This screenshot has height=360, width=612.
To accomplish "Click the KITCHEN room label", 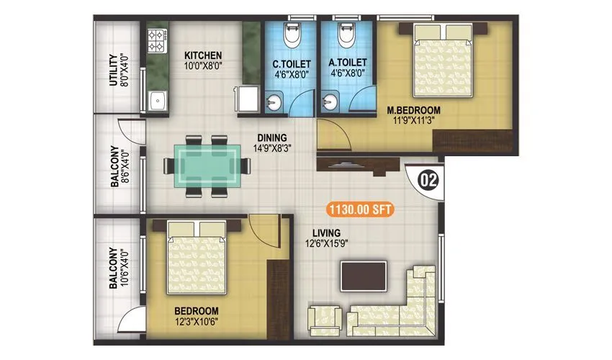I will coord(202,55).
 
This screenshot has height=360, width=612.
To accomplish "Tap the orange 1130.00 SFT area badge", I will coord(360,210).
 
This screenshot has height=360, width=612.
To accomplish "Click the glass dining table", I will coord(208,166).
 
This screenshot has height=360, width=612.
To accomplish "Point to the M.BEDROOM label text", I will coord(413,110).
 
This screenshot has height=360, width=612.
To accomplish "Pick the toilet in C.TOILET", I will coord(290,35).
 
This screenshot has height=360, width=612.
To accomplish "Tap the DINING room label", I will coord(273,138).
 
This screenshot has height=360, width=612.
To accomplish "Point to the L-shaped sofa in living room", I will coord(403,302).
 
